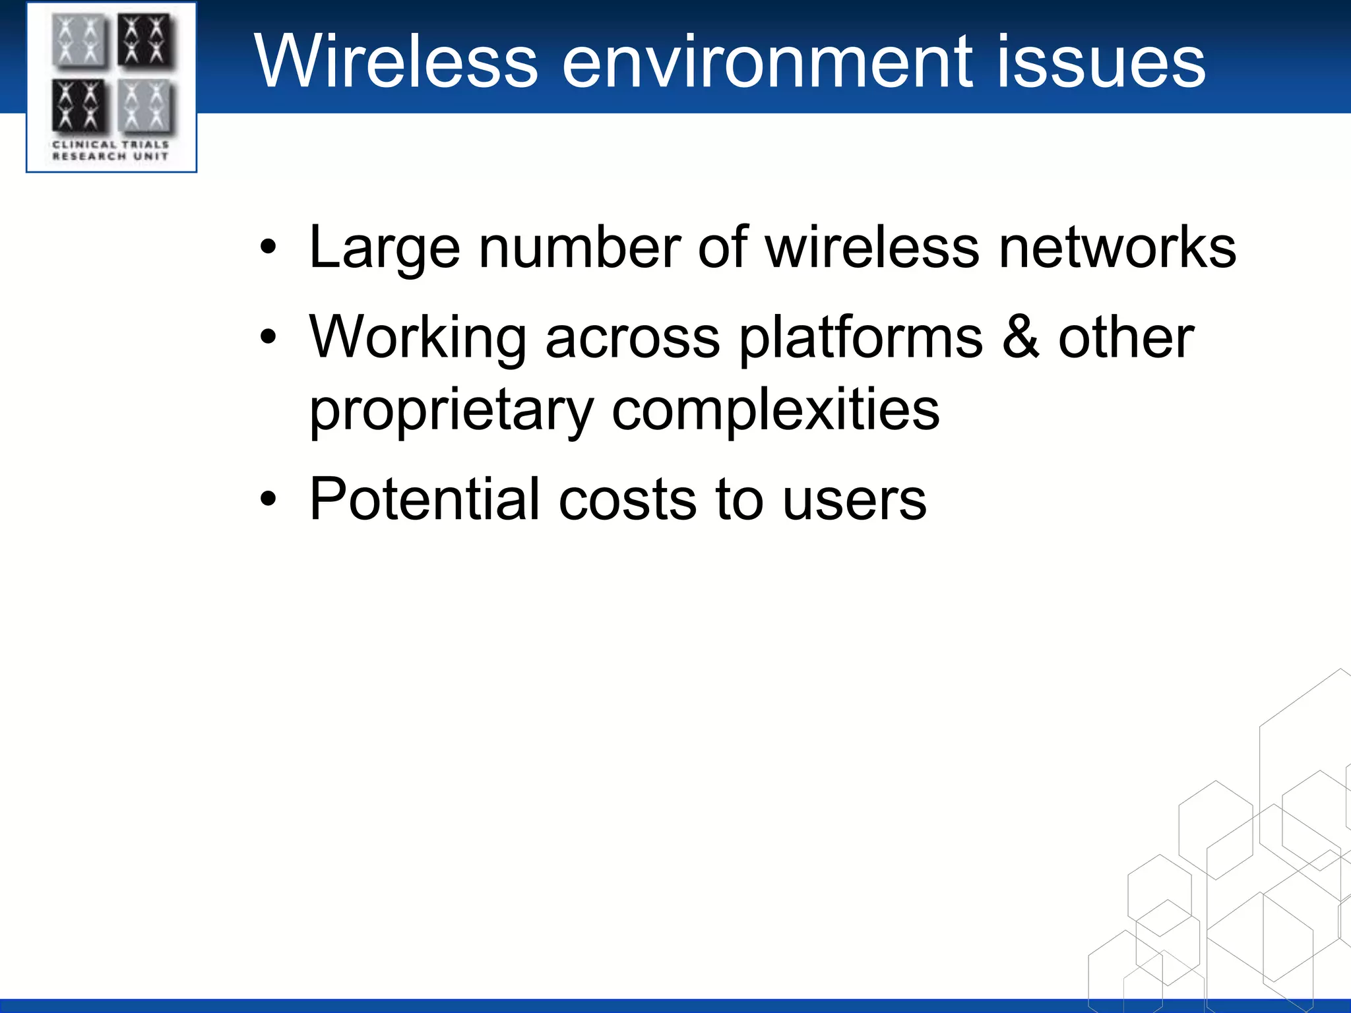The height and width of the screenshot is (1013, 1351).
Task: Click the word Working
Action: click(417, 338)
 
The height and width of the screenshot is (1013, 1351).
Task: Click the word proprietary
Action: click(451, 411)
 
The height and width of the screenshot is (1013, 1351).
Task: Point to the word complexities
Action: click(775, 411)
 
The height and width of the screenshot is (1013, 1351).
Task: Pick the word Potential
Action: click(424, 499)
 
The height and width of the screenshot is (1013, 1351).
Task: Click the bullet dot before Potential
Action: click(268, 500)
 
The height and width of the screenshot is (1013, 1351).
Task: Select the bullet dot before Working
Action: click(268, 338)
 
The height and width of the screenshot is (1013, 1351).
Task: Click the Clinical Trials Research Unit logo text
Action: click(110, 150)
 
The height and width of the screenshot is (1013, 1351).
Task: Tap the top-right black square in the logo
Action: click(146, 40)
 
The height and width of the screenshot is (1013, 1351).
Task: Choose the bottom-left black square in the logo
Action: click(78, 106)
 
